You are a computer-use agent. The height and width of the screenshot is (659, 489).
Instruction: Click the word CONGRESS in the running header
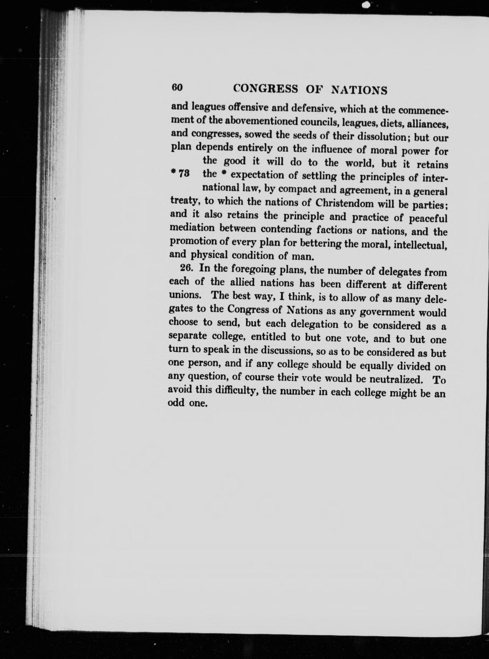(265, 89)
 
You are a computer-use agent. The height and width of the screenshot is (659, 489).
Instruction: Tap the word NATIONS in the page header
(359, 90)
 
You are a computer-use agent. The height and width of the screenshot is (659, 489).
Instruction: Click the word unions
(185, 295)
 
